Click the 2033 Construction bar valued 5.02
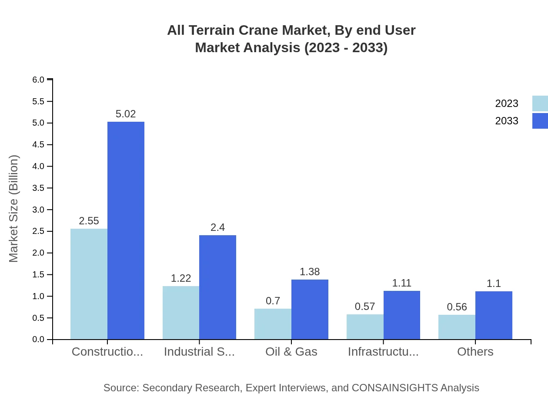[126, 230]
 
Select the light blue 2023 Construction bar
[89, 284]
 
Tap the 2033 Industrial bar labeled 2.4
[217, 287]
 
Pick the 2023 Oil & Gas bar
[273, 324]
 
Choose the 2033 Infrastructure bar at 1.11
[402, 315]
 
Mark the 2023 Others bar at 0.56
[457, 327]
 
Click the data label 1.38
[310, 272]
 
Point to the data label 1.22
[181, 278]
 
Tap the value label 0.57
[365, 307]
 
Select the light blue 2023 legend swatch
[540, 103]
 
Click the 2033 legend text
[507, 121]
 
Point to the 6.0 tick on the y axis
[38, 80]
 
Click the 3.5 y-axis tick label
[38, 188]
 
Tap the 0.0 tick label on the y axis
[38, 340]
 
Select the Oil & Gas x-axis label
[291, 352]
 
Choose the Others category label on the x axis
[475, 352]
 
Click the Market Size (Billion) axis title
[14, 209]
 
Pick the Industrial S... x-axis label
[199, 352]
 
